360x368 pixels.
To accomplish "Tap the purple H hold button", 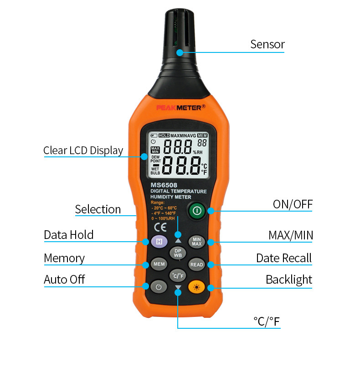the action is click(159, 242).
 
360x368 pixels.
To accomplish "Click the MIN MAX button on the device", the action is click(196, 242).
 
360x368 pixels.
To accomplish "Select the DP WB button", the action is click(178, 253).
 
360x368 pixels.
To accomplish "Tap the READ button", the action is click(196, 264).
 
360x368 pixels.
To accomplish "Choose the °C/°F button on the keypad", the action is click(178, 275).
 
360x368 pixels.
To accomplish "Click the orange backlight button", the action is click(196, 287).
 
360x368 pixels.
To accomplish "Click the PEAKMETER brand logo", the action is click(181, 108).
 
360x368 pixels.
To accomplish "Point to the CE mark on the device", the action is click(160, 227).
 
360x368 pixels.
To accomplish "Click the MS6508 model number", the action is click(164, 185).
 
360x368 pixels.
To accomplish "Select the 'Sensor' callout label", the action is click(267, 44).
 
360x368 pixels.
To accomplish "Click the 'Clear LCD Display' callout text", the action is click(83, 150).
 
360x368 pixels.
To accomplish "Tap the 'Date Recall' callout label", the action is click(284, 258).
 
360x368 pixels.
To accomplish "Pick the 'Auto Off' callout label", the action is click(64, 280).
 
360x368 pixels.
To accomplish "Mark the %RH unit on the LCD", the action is click(198, 152).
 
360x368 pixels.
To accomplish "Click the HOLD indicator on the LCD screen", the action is click(164, 135).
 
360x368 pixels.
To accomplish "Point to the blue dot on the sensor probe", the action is click(180, 52).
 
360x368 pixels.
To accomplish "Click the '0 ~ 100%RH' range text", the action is click(163, 218).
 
